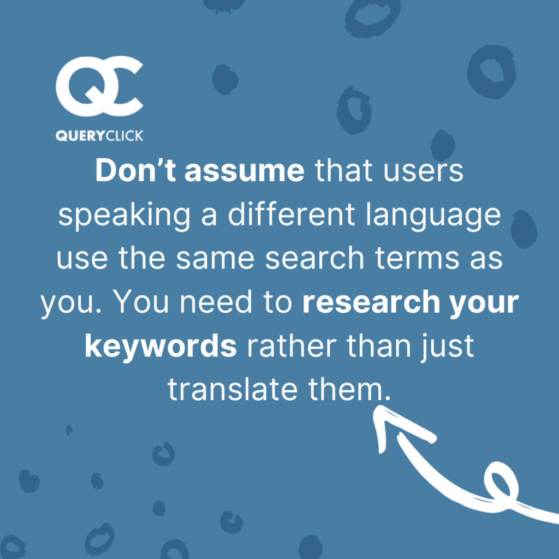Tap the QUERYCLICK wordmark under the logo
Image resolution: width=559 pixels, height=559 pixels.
pos(99,136)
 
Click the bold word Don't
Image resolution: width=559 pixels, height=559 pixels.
pos(135,170)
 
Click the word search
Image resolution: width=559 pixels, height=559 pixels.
pos(314,258)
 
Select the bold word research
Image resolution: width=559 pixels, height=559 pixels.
pos(371,302)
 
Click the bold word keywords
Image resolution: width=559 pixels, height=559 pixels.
pos(161,346)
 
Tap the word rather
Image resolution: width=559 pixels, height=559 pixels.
pos(292,346)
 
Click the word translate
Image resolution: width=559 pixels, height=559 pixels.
pos(233,389)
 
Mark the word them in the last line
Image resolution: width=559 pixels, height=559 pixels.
pos(346,389)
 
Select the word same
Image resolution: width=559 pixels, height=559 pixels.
pos(215,258)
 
